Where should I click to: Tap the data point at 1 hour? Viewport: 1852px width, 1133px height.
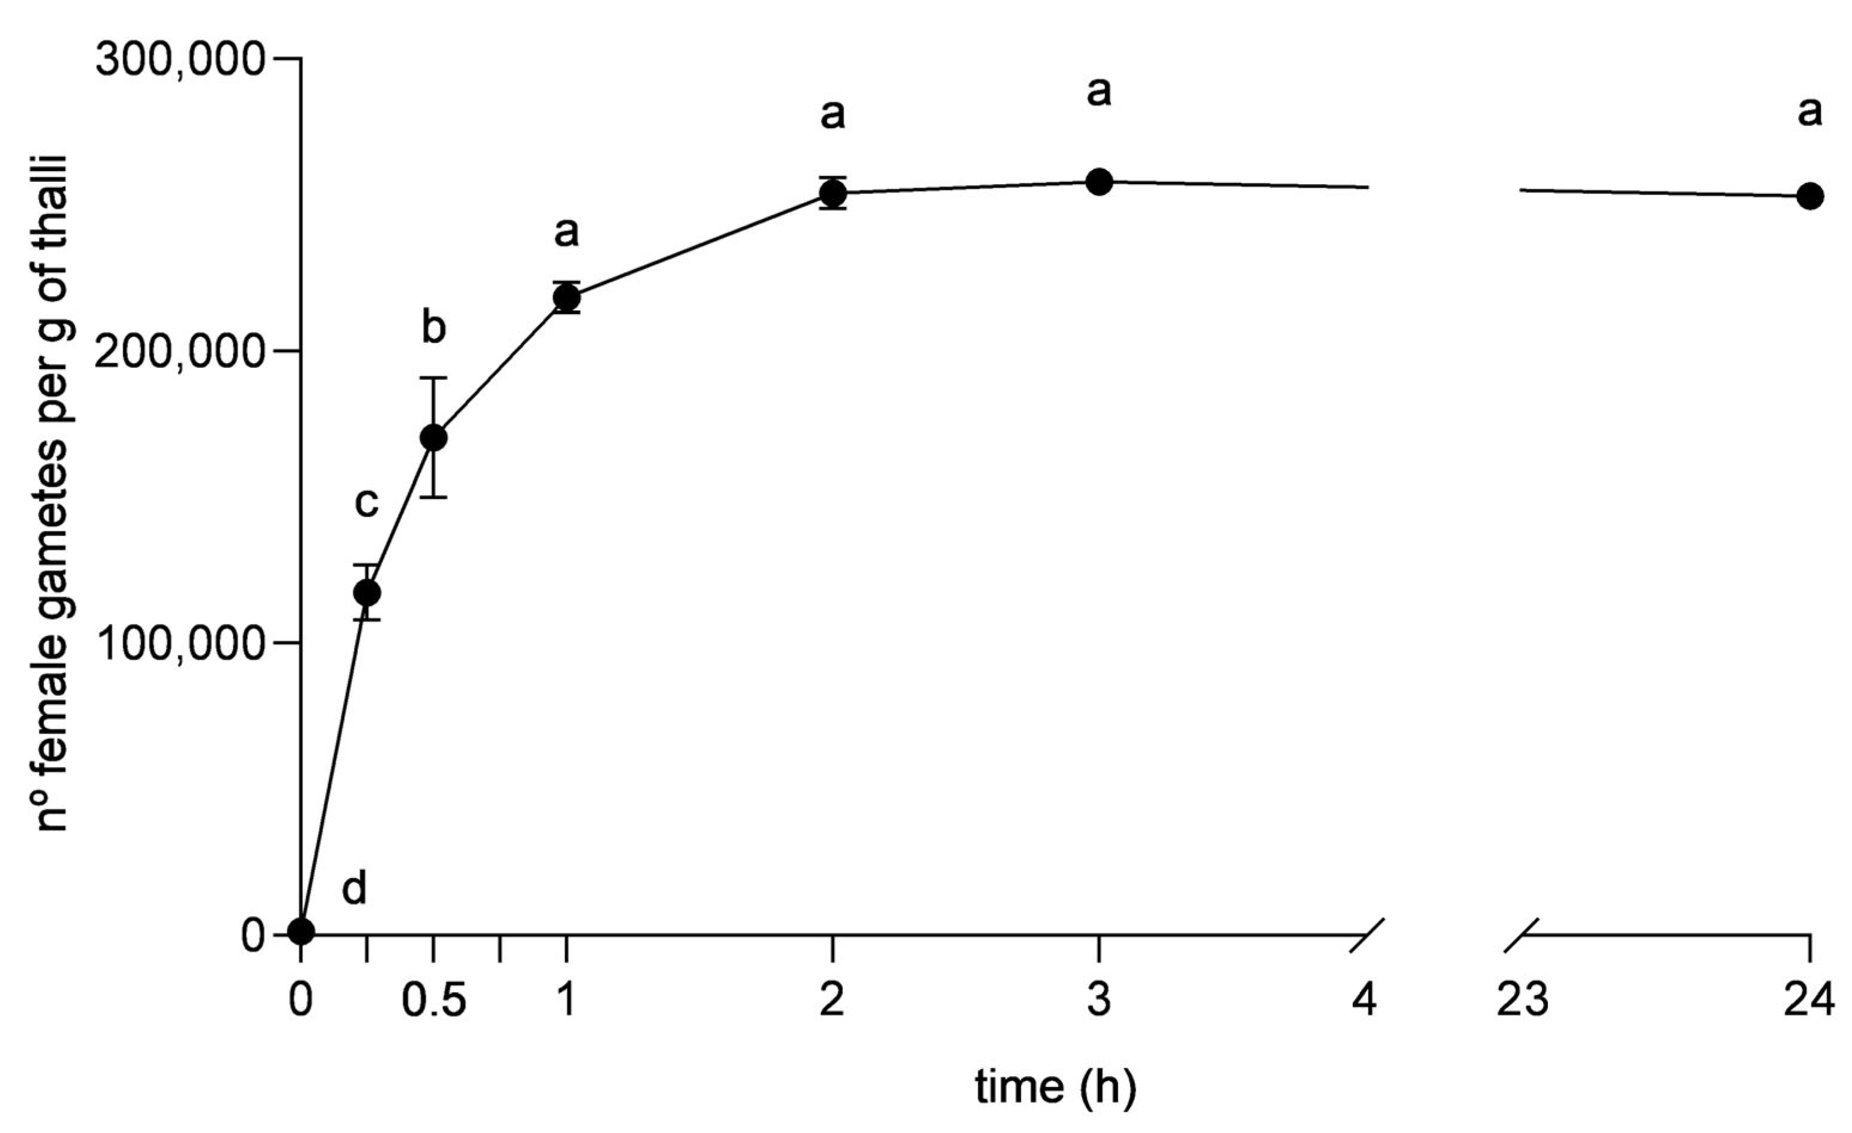567,297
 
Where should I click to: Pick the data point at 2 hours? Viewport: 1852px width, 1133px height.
833,193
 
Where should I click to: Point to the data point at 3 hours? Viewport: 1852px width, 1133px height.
1099,182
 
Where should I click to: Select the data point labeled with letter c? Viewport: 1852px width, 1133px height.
367,593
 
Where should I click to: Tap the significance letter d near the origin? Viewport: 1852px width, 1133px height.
354,890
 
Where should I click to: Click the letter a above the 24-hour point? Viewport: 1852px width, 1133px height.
1810,112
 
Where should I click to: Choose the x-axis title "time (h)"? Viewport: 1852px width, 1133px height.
1055,1087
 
